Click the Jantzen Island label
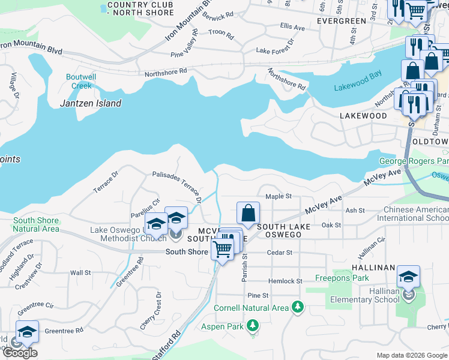coord(91,103)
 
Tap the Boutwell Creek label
coord(81,82)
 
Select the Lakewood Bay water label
coord(358,87)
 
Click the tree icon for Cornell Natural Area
coord(297,308)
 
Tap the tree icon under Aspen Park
coord(253,325)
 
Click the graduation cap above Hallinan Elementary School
coord(408,277)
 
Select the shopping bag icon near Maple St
coord(249,213)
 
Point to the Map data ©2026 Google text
coord(412,355)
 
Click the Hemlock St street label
coord(285,281)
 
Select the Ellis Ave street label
coord(292,28)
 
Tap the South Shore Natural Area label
coord(36,224)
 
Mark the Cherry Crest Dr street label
coord(158,310)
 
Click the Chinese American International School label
coord(412,214)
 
